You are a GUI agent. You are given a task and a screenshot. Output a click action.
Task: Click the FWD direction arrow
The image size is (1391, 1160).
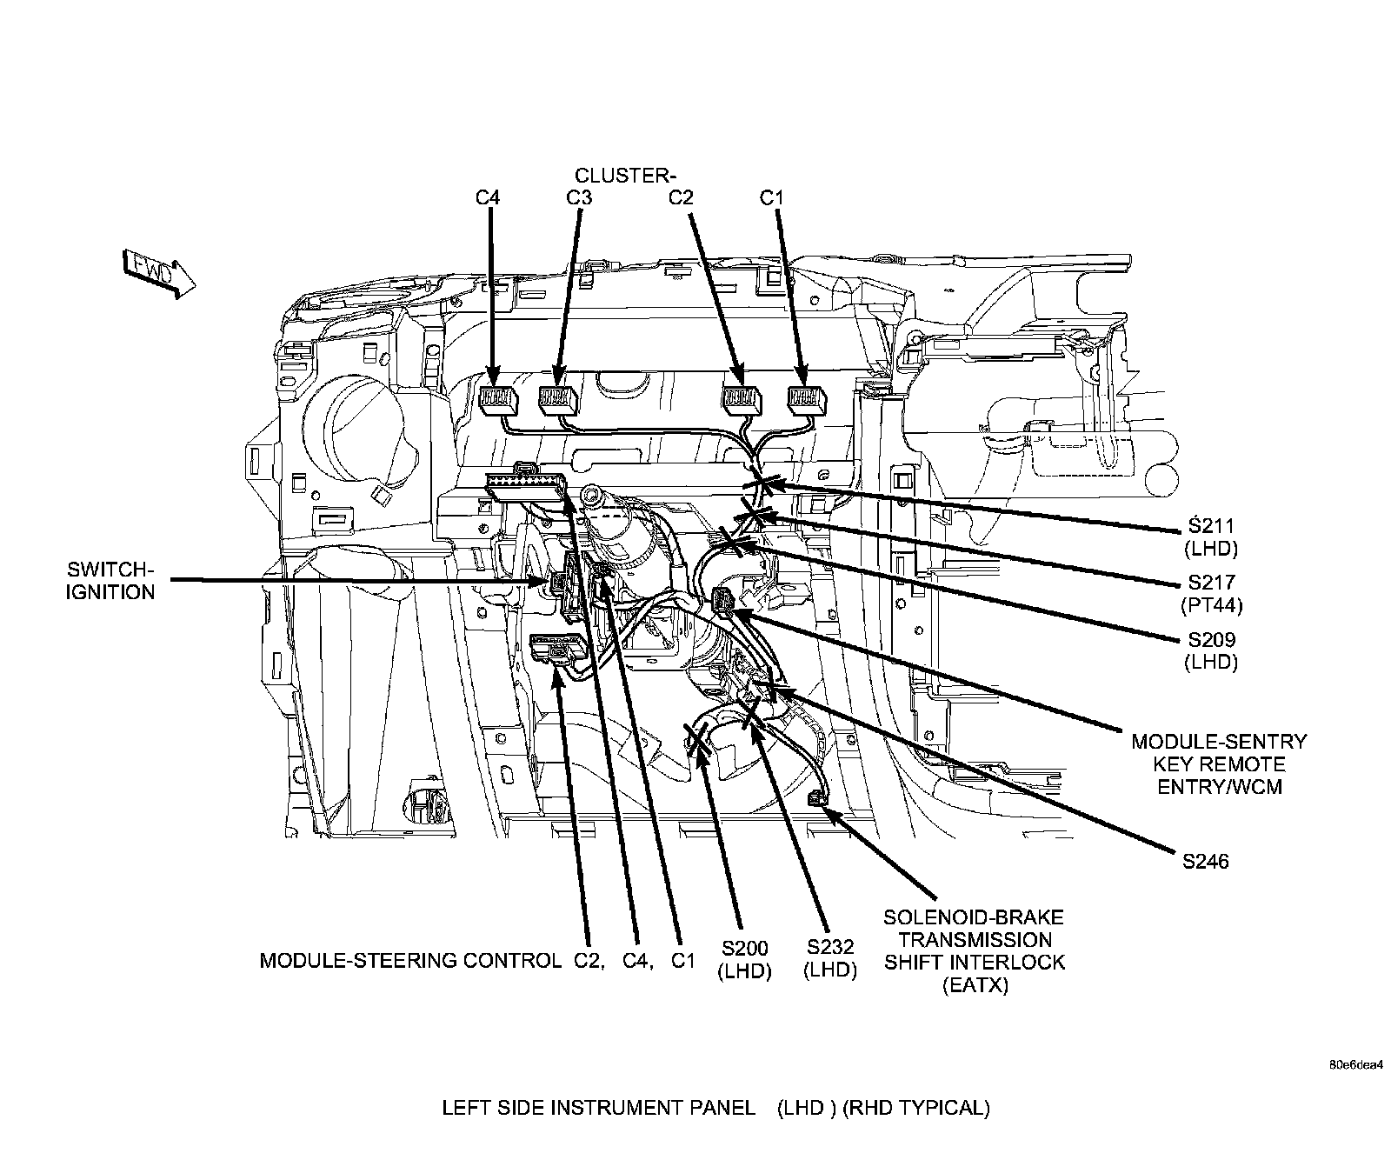click(161, 273)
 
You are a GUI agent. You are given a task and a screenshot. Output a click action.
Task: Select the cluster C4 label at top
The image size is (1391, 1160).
click(489, 197)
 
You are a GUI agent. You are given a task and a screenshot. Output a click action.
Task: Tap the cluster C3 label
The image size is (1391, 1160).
click(579, 197)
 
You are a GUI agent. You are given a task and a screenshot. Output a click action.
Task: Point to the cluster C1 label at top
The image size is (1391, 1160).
click(771, 197)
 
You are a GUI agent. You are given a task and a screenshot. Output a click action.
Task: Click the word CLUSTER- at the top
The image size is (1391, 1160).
click(626, 176)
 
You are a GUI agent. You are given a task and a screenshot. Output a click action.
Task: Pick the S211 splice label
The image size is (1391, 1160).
click(1211, 526)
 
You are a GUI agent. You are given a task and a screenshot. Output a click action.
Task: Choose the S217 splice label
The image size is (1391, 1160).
click(1211, 583)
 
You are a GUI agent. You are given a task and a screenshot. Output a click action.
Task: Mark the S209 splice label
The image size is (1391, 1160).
click(1211, 639)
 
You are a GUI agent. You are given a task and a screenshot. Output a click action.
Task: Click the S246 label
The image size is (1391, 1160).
click(1206, 862)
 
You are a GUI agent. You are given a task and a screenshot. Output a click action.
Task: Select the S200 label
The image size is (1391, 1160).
click(744, 947)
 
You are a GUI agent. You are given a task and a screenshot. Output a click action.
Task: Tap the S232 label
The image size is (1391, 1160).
click(830, 947)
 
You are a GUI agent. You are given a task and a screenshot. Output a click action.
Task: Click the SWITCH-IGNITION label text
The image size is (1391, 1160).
click(110, 581)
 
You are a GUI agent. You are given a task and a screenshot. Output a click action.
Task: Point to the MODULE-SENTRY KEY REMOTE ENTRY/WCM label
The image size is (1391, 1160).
click(1219, 764)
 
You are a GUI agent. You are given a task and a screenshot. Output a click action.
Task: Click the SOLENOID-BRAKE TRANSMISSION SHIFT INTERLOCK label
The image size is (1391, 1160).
click(974, 951)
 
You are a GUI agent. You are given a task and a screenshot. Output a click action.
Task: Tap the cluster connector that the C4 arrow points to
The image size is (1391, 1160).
click(498, 399)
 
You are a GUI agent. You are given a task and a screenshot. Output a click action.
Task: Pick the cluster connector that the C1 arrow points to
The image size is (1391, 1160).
click(806, 399)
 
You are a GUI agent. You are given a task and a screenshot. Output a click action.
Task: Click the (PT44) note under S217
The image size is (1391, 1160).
click(1211, 604)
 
